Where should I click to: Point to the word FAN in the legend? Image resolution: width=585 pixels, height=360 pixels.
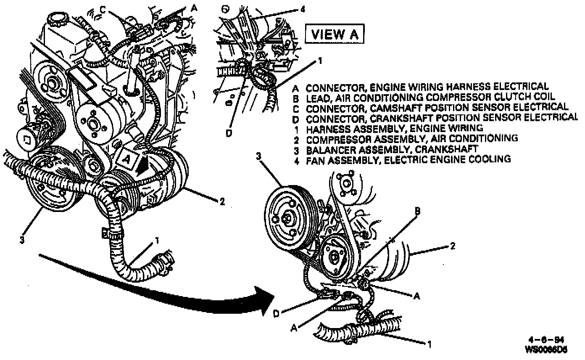[314, 159]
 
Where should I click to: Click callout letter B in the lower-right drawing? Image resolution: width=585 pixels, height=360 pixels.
[417, 212]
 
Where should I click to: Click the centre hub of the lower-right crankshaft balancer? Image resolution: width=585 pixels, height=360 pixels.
[287, 217]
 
